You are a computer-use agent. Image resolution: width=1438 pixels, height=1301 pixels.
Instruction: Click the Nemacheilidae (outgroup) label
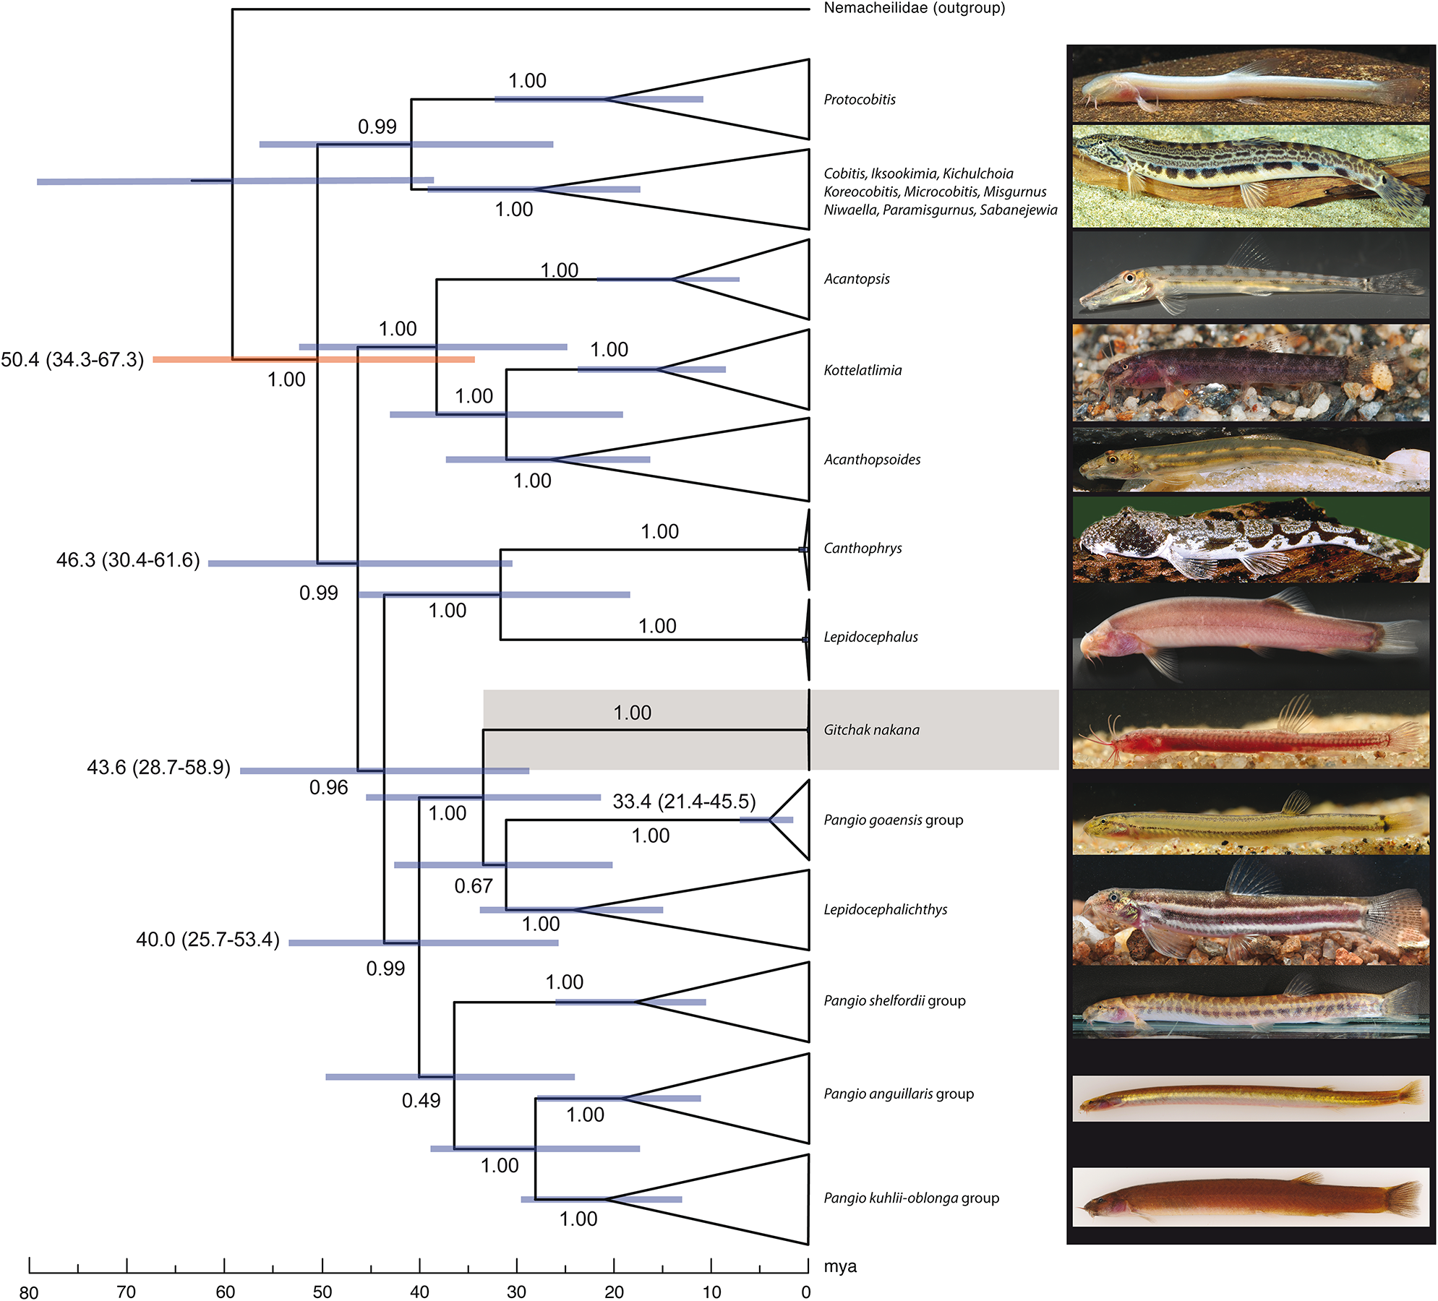[914, 9]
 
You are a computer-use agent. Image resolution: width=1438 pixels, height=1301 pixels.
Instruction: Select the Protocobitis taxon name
[860, 100]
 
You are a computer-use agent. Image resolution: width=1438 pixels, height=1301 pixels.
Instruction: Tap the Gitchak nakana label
[871, 730]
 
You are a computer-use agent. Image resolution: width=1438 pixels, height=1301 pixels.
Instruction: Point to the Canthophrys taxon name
[863, 548]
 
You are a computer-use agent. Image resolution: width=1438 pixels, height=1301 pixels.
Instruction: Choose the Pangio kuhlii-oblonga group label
[911, 1198]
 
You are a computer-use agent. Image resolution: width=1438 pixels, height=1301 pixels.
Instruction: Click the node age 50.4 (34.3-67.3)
[72, 359]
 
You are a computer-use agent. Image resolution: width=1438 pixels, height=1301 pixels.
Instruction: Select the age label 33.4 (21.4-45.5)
[684, 802]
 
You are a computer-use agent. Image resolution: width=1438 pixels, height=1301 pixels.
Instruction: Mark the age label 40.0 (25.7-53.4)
[207, 940]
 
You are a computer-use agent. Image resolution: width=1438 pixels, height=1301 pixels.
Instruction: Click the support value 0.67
[474, 886]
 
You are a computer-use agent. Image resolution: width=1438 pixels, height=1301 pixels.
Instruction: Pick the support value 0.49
[421, 1101]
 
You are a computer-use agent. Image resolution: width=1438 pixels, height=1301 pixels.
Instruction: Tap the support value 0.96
[328, 788]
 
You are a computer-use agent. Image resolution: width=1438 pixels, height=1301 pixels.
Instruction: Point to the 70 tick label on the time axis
[127, 1292]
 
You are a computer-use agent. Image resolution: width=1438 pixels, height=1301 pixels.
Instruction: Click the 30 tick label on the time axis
[516, 1292]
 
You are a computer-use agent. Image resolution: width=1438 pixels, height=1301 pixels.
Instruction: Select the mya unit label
[840, 1266]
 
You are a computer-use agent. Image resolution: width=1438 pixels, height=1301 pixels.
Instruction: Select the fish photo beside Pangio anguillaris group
[1251, 1099]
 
